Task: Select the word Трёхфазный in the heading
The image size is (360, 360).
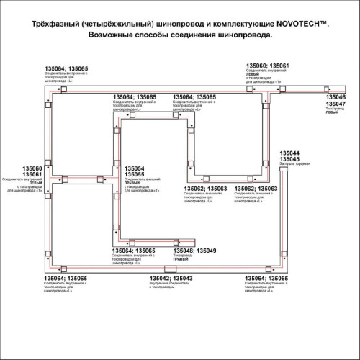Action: click(x=52, y=25)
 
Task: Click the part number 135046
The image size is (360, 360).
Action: click(x=335, y=96)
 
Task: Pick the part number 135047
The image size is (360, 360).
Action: click(x=335, y=104)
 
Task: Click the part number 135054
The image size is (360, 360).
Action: click(x=135, y=169)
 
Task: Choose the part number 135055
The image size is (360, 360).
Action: click(x=135, y=175)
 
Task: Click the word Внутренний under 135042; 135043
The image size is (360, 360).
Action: click(x=158, y=283)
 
